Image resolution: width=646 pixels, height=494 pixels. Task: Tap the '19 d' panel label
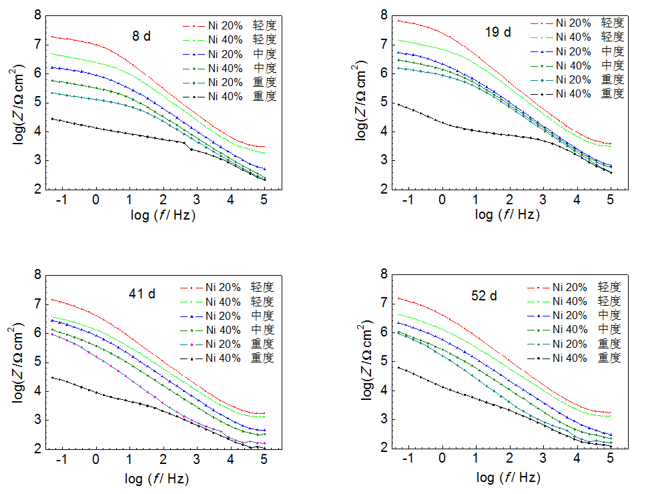point(498,31)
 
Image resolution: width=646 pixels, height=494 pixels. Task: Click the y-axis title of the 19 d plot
point(363,101)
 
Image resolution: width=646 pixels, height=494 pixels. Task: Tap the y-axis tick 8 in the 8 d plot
point(38,15)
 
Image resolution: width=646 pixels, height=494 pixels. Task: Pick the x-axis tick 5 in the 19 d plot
point(610,200)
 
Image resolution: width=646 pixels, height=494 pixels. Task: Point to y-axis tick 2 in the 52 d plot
point(384,449)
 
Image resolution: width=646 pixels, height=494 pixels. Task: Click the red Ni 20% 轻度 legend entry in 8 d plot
point(230,25)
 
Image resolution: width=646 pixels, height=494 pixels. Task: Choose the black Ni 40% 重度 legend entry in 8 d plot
point(230,96)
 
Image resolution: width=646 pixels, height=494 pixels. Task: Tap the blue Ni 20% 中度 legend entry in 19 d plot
point(577,51)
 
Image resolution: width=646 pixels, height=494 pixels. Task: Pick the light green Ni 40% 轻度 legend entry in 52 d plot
point(573,301)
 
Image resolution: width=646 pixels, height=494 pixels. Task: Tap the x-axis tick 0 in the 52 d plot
point(442,461)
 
